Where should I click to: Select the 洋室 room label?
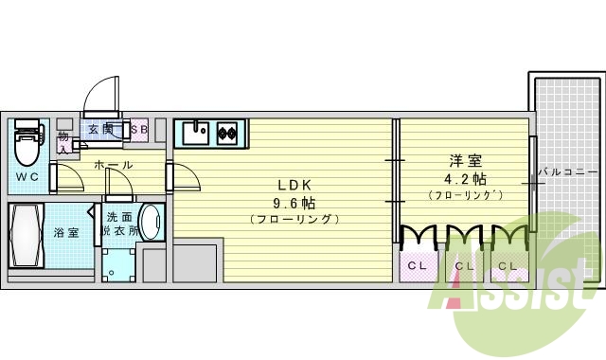point(462,160)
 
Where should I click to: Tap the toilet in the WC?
point(27,144)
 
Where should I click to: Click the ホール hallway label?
point(114,165)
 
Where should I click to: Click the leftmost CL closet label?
point(417,266)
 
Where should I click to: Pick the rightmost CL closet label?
point(508,266)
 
